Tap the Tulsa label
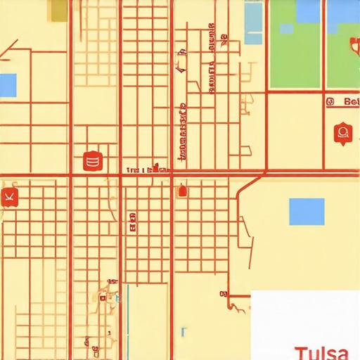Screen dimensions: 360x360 pos(321,352)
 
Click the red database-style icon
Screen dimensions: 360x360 pos(92,161)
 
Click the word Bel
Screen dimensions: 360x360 pos(351,102)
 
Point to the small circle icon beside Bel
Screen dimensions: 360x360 pos(330,102)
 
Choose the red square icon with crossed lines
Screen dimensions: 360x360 pos(9,196)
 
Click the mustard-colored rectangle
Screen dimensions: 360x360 pos(59,8)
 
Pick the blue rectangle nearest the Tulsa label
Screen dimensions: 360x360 pos(307,211)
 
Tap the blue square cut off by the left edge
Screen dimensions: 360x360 pos(7,84)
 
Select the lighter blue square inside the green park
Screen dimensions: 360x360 pos(286,29)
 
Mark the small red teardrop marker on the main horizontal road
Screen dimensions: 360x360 pos(183,189)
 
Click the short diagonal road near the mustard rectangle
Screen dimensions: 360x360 pos(10,47)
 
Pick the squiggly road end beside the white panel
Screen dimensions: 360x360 pos(238,305)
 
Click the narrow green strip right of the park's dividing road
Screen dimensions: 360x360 pos(341,44)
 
